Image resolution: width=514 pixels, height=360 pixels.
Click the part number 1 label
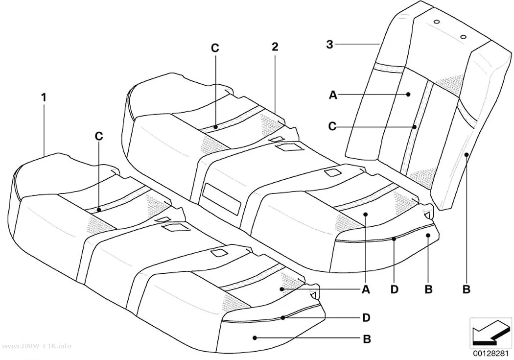[44, 97]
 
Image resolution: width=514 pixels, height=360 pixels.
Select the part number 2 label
[275, 47]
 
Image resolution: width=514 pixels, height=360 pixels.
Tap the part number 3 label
[329, 44]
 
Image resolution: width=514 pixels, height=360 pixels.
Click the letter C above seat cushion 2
[215, 48]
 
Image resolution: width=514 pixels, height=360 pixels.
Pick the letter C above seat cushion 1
[99, 136]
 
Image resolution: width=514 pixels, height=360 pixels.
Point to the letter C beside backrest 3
[332, 126]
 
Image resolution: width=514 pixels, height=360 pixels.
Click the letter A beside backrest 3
[333, 95]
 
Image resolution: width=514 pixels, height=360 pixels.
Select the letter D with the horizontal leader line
[366, 317]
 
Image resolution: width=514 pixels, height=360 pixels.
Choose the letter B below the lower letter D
[367, 338]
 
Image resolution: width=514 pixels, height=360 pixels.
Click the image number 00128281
[491, 354]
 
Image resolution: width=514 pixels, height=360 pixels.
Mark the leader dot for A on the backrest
[408, 95]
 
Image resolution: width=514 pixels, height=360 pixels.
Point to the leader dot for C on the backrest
[415, 126]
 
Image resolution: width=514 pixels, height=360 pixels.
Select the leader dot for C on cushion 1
[99, 209]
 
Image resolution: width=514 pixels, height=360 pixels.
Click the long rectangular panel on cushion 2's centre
[222, 199]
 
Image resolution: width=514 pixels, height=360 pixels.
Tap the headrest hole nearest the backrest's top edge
[436, 22]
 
